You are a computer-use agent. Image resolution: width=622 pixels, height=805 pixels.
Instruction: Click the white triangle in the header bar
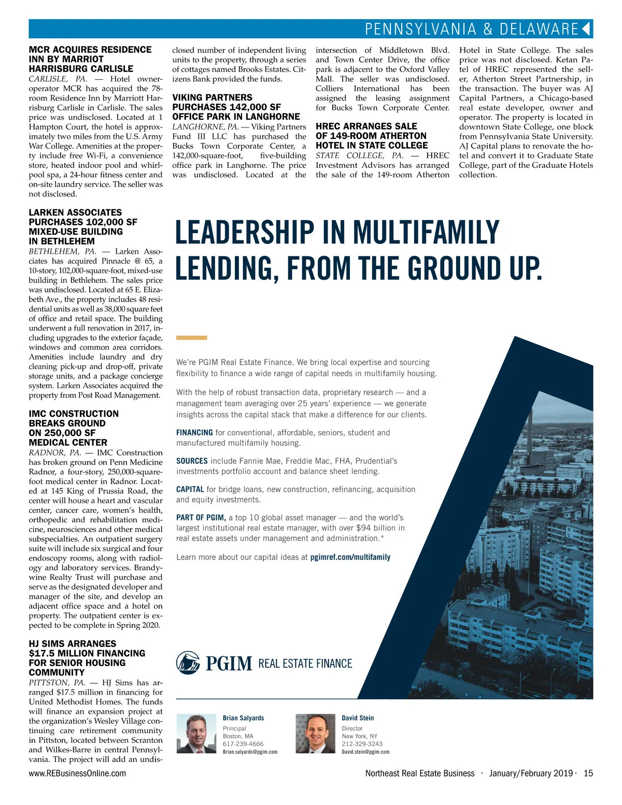click(x=587, y=28)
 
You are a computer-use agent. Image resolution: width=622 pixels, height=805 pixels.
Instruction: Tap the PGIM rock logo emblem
click(x=188, y=663)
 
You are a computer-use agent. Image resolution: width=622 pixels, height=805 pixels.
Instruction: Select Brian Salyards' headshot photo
click(x=196, y=734)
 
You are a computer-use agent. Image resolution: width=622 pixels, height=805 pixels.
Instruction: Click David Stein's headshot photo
click(x=315, y=734)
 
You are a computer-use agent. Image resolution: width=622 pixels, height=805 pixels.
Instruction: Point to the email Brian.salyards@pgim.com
click(x=250, y=752)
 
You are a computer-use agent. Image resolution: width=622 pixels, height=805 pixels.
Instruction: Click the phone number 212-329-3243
click(x=362, y=744)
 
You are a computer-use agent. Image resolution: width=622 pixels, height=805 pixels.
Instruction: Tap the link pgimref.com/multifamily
click(x=350, y=557)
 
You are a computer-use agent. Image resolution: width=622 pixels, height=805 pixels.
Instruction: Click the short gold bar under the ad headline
click(x=191, y=338)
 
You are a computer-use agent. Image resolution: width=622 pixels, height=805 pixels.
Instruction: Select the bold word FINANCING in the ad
click(x=194, y=433)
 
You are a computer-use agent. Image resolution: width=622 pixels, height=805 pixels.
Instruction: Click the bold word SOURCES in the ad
click(x=192, y=461)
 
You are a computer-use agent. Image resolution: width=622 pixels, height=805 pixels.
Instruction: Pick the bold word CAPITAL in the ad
click(x=190, y=490)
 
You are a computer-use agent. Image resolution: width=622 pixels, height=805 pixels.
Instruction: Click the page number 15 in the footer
click(x=588, y=773)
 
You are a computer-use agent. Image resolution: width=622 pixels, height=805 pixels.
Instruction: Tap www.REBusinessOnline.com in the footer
click(x=77, y=773)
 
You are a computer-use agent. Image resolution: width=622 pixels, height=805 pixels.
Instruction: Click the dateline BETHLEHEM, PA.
click(x=62, y=251)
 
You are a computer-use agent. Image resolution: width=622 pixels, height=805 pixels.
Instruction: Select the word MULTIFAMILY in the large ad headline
click(x=427, y=233)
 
